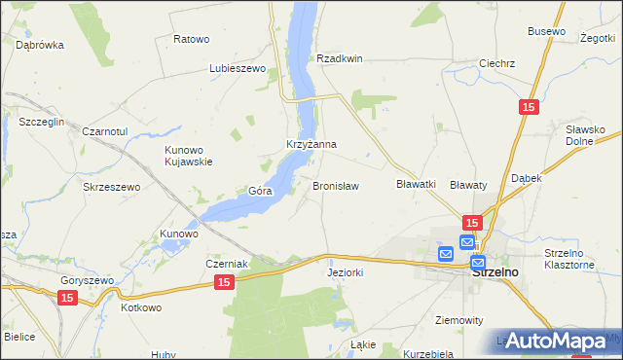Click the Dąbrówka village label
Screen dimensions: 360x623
click(x=40, y=45)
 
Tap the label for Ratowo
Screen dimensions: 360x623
click(x=191, y=39)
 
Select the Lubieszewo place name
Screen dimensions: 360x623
click(x=238, y=69)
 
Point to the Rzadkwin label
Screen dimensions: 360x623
click(x=339, y=58)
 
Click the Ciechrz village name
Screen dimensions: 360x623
click(x=496, y=63)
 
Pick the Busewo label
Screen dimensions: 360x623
click(x=546, y=31)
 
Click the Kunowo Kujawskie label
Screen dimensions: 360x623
click(x=188, y=156)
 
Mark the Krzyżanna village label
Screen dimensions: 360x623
click(x=311, y=144)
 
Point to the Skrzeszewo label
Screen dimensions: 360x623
click(x=112, y=187)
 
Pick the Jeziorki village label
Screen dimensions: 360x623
click(x=346, y=273)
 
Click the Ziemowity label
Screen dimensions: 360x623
click(x=458, y=320)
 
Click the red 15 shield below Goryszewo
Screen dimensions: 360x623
click(x=66, y=299)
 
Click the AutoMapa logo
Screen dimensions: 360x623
click(x=556, y=341)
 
